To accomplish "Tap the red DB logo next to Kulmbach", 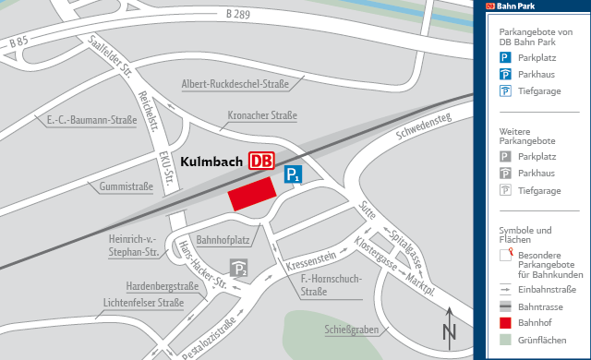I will click(x=261, y=161).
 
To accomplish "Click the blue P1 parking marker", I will click(x=292, y=174).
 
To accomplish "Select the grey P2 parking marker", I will click(x=239, y=269).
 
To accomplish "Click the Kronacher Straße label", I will click(x=262, y=115).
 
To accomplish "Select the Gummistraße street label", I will click(x=125, y=186).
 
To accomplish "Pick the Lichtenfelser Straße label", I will click(x=143, y=302).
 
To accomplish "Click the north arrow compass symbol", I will click(x=450, y=328).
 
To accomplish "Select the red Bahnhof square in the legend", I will click(x=506, y=324).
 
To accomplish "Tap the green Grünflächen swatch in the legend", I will click(x=506, y=342).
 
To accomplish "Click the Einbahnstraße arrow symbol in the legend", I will click(x=506, y=289).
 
